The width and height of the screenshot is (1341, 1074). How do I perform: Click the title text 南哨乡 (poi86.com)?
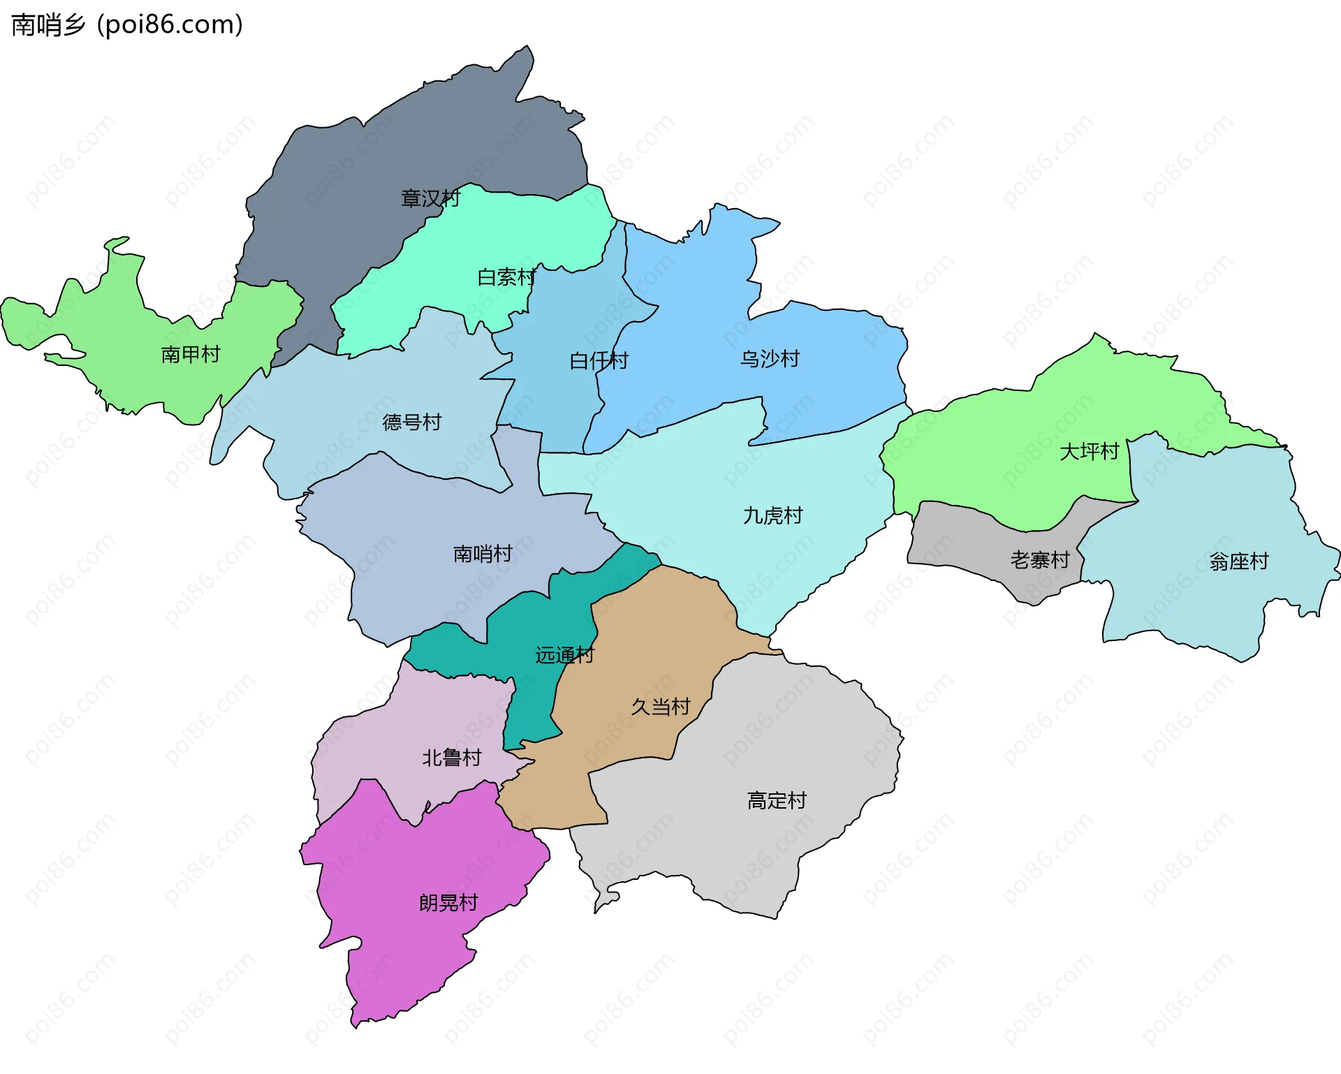point(127,24)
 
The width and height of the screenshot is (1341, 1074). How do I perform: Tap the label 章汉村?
point(430,199)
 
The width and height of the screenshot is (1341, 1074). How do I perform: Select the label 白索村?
point(506,277)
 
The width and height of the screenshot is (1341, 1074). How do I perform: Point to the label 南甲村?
point(191,355)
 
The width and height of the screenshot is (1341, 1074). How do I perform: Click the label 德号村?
point(412,422)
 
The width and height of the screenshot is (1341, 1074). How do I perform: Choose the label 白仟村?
point(599,361)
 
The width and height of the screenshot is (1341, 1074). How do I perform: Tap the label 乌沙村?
point(770,359)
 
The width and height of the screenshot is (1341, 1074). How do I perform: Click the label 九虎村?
point(772,516)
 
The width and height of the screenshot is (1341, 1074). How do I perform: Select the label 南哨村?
point(483,554)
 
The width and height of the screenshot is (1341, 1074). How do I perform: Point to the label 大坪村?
point(1089,452)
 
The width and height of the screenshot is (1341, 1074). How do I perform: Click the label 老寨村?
point(1039,560)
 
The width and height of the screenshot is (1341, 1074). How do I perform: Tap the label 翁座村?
point(1238,561)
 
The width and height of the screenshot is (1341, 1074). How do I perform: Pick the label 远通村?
point(564,655)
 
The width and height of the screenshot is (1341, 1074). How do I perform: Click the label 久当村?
point(660,707)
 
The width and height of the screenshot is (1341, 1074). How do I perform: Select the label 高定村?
point(777,800)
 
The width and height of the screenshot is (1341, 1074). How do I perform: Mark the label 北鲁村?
point(451,758)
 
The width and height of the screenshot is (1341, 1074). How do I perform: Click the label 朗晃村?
point(448,903)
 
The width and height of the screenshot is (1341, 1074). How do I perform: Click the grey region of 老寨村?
point(964,545)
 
